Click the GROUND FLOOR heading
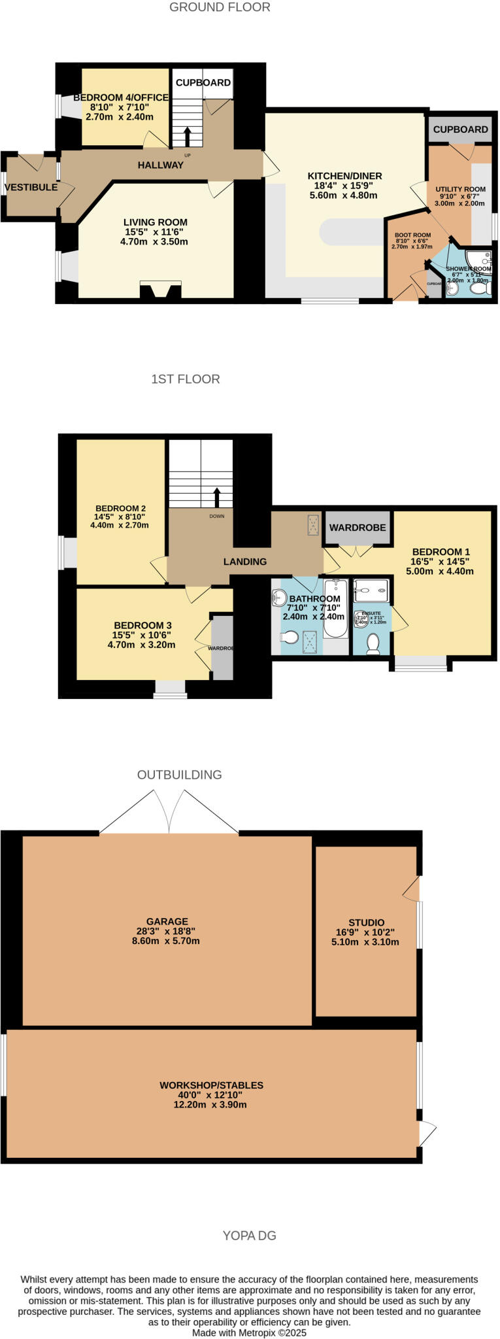point(220,7)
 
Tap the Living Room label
point(156,222)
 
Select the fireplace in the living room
point(160,290)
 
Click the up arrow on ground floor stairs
point(188,136)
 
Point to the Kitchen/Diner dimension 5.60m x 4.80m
point(344,195)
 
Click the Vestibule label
point(31,188)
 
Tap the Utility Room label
point(460,189)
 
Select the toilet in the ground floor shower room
point(481,288)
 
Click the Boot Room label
point(412,235)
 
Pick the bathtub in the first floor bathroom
point(335,608)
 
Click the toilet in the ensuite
point(373,644)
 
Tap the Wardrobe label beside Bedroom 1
point(358,528)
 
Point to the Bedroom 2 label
point(120,509)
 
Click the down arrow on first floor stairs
point(217,497)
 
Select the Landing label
point(245,562)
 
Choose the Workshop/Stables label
point(211,1085)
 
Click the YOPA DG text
point(249,1236)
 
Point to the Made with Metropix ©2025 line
point(249,1332)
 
